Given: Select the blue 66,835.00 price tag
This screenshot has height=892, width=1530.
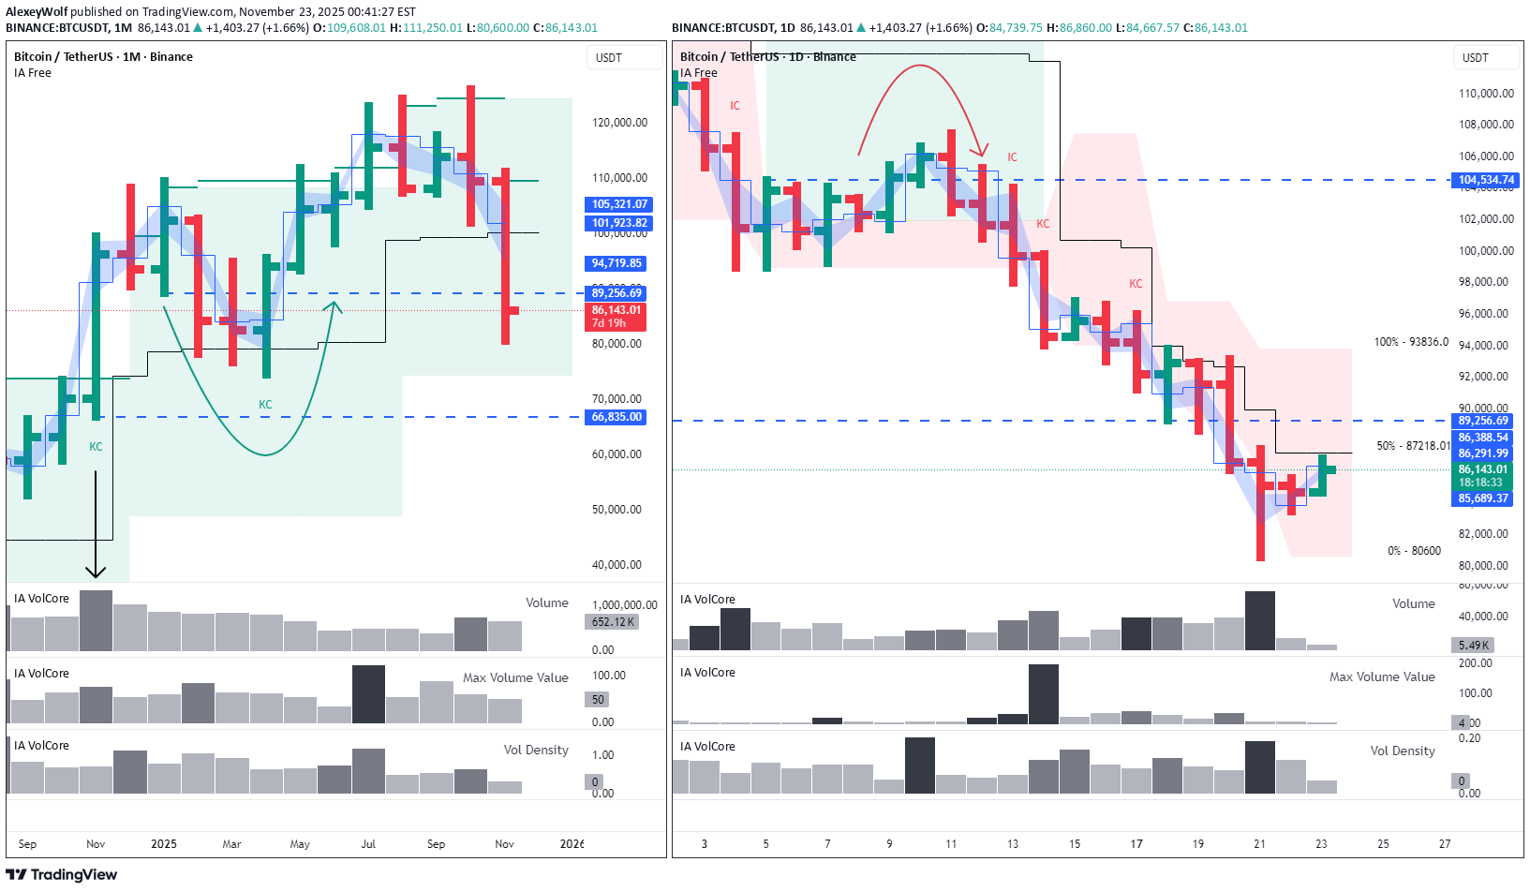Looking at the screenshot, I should pos(616,417).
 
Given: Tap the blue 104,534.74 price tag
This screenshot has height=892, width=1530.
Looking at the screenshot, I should pos(1485,180).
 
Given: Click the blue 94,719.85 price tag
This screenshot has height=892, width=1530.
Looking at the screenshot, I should pos(616,263).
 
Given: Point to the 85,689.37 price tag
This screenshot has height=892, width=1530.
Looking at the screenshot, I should pos(1483,498).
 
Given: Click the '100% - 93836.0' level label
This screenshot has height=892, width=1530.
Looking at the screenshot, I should pos(1411,342).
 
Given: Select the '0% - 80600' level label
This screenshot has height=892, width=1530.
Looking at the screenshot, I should pos(1414,551).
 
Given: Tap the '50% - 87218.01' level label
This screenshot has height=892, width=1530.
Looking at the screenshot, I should pos(1413,446).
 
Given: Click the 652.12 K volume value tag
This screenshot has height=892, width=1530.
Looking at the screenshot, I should pos(613,622).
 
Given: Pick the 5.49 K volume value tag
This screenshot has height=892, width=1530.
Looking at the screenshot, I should pos(1474,646).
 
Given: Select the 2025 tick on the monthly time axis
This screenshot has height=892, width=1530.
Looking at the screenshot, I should pos(164,844).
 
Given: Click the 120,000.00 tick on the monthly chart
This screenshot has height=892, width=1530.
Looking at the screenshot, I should pos(619,123).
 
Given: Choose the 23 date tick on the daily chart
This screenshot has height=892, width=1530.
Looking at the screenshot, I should pos(1321,844).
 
